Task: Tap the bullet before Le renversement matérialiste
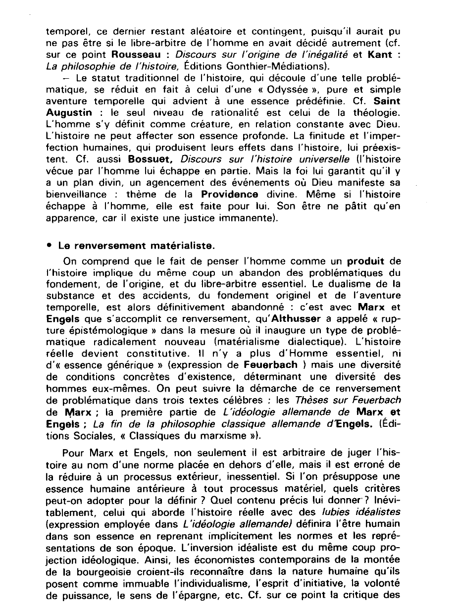[x=51, y=245]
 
